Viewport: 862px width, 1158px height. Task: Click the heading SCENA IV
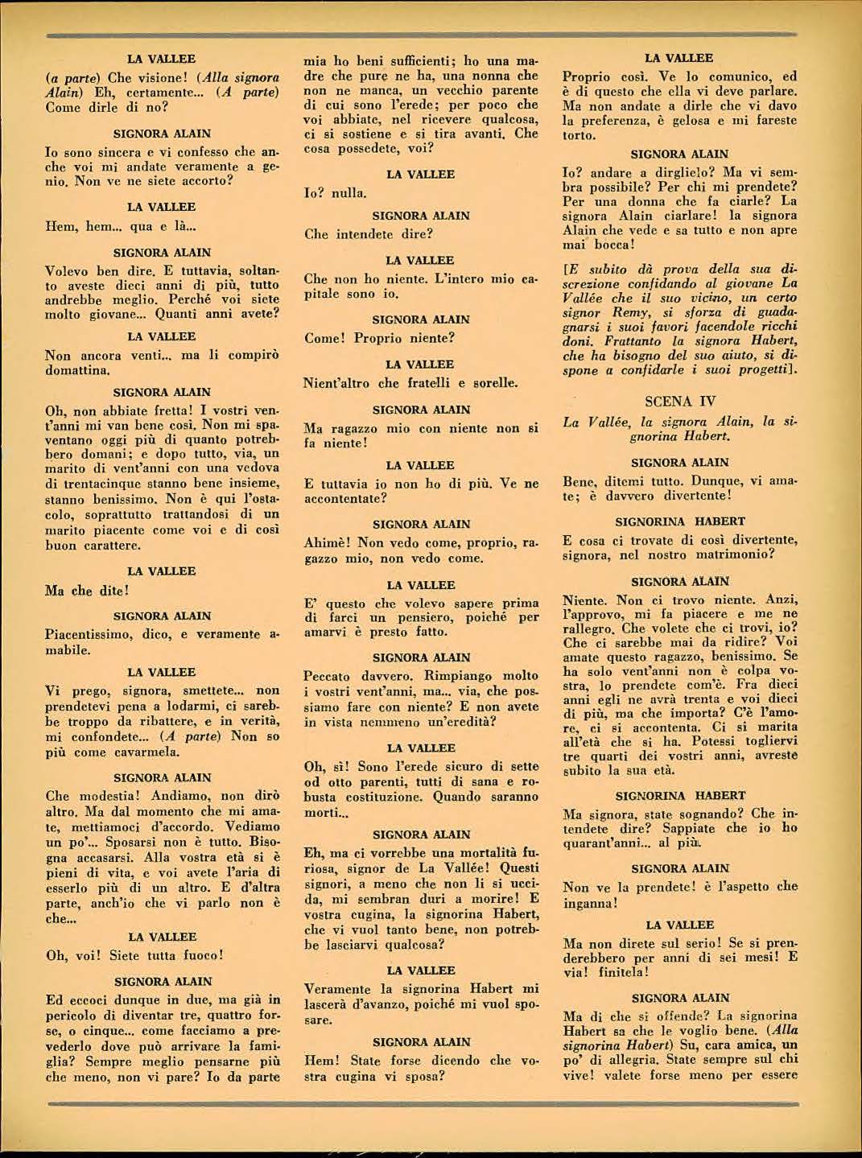coord(680,401)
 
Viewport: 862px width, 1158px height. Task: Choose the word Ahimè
coord(327,543)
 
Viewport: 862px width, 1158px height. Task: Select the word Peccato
coord(331,676)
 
